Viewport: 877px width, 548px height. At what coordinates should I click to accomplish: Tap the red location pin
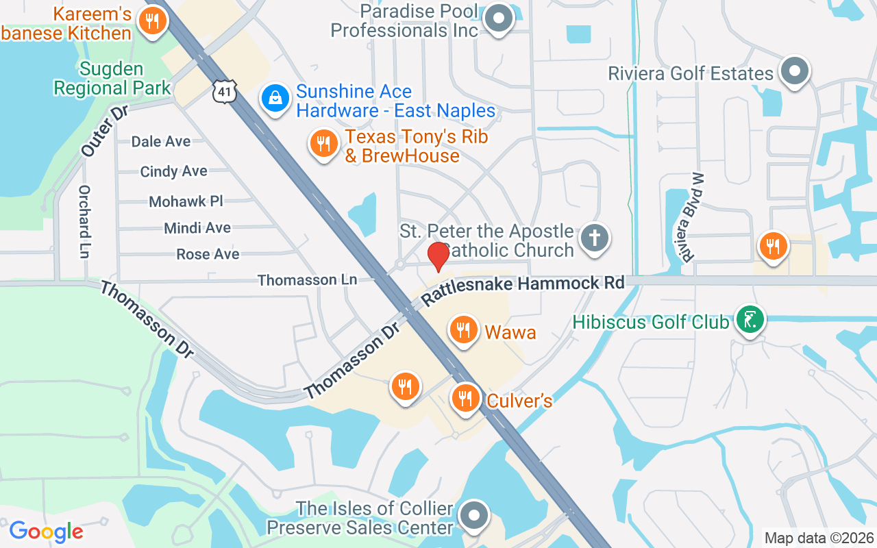[x=438, y=256]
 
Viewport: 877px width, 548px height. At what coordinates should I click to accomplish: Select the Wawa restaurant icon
[x=464, y=330]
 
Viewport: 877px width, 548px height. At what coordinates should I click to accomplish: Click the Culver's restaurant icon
[x=465, y=397]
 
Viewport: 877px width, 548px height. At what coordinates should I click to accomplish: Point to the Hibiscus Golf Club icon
[x=750, y=319]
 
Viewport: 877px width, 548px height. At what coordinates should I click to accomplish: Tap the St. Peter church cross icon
[x=594, y=238]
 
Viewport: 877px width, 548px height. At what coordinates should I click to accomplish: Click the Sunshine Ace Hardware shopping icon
[x=275, y=99]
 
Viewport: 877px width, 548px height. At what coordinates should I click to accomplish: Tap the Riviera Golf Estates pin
[x=795, y=71]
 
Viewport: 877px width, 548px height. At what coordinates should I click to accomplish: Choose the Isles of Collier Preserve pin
[x=473, y=515]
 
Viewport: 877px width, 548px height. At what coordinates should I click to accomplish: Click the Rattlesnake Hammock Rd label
[x=523, y=290]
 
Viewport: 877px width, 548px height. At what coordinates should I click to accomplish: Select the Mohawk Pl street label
[x=186, y=201]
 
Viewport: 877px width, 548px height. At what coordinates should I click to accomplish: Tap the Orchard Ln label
[x=84, y=221]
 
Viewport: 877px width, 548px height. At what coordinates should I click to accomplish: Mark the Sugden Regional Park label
[x=112, y=78]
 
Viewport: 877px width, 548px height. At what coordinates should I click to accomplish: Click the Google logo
[x=47, y=532]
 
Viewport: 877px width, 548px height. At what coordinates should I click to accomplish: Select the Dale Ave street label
[x=161, y=141]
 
